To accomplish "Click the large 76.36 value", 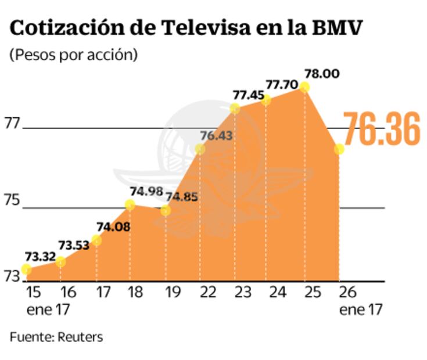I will (381, 128).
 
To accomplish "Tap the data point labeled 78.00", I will (304, 87).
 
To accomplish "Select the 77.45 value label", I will (248, 95).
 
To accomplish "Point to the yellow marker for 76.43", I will (200, 149).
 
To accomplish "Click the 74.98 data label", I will (146, 192).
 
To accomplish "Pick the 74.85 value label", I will (181, 196).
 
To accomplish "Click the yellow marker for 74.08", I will (96, 240).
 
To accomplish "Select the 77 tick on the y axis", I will (12, 123).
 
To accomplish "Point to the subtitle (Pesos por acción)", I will (73, 55).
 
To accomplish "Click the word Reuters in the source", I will (80, 337).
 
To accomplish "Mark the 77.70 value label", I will (282, 85).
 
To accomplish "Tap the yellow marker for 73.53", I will (60, 262).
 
